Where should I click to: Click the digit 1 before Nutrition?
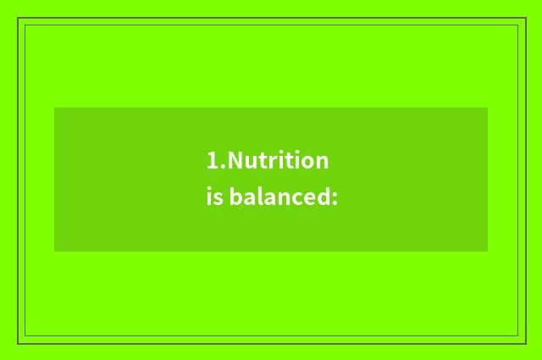click(212, 161)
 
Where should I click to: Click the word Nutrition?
click(278, 161)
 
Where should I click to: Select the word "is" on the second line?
click(213, 198)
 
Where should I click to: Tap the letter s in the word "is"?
click(218, 200)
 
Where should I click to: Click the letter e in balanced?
click(305, 200)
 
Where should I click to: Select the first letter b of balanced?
click(235, 197)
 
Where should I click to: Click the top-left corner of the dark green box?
click(55, 108)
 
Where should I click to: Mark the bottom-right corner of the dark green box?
click(487, 251)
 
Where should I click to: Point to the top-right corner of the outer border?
click(523, 19)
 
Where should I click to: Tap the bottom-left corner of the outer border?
click(19, 342)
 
